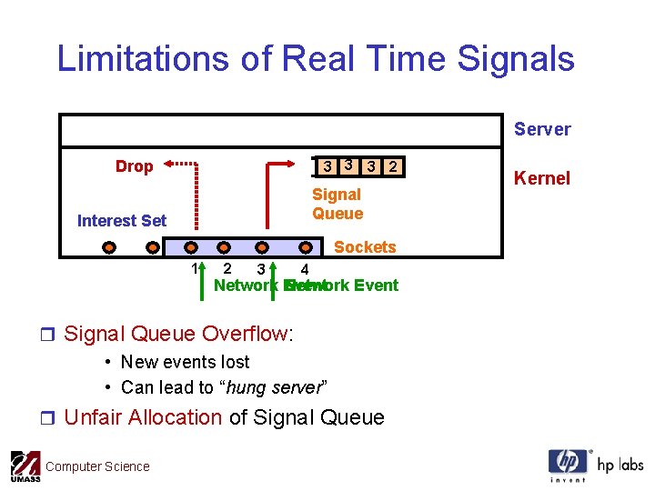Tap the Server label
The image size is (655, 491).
click(x=542, y=129)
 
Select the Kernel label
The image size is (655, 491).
click(x=542, y=178)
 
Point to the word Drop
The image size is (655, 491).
click(x=134, y=166)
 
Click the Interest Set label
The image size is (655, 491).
click(x=122, y=220)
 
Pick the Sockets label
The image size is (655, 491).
click(x=365, y=247)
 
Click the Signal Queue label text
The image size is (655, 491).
click(x=337, y=204)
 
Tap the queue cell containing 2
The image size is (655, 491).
click(x=392, y=166)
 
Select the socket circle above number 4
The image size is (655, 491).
click(x=307, y=246)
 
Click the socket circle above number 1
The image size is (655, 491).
click(x=191, y=246)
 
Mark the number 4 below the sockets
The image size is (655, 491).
click(x=305, y=269)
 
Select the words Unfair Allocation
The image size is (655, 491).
click(x=143, y=417)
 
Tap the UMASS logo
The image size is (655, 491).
click(x=25, y=466)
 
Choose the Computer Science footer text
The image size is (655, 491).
click(x=97, y=466)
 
